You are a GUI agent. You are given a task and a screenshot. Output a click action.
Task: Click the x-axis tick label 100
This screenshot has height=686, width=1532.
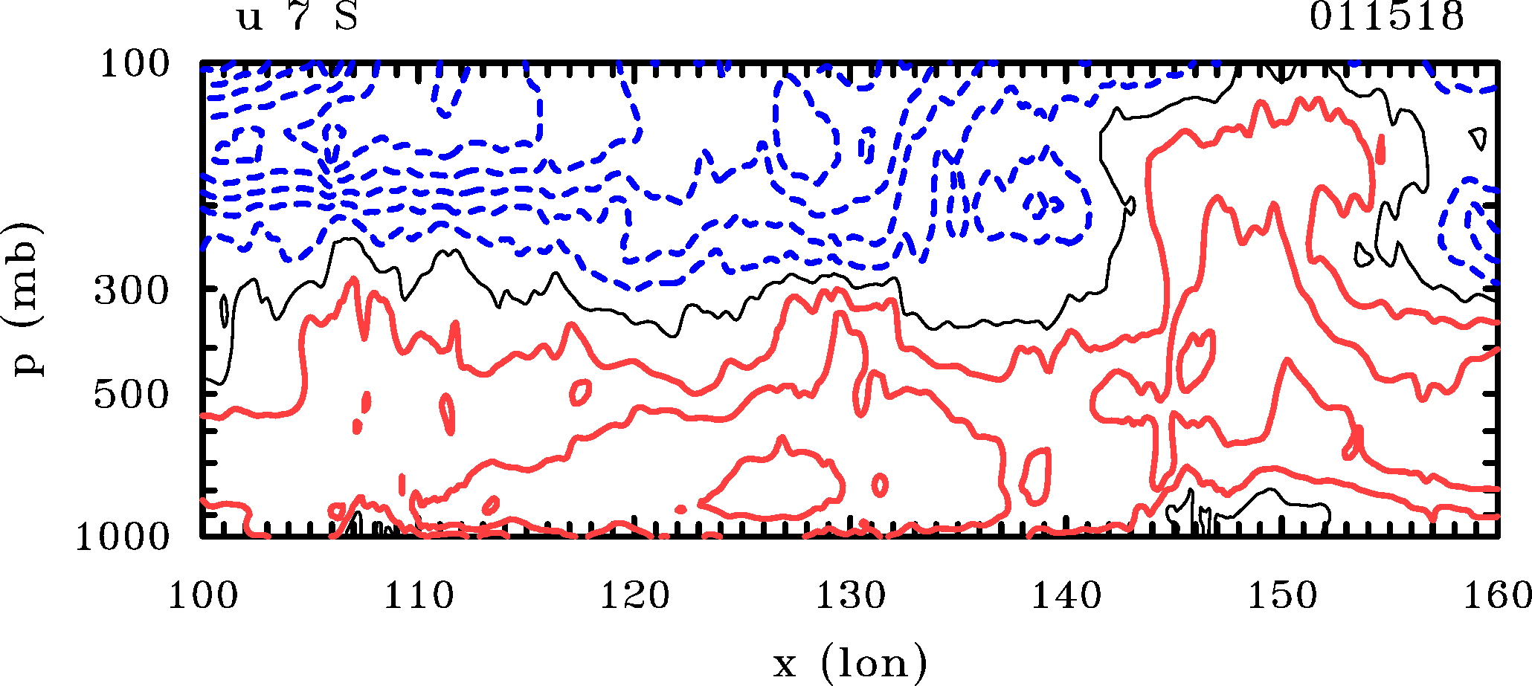[202, 596]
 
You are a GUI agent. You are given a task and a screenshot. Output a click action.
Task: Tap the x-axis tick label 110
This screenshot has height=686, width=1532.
[418, 596]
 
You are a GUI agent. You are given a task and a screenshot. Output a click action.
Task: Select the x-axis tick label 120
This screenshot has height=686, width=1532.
[634, 596]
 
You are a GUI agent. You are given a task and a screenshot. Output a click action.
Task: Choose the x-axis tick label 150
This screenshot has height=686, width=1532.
[1282, 596]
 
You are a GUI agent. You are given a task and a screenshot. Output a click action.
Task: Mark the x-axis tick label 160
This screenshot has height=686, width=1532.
[1496, 596]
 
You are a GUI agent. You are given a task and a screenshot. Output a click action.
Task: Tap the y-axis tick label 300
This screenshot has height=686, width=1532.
[132, 291]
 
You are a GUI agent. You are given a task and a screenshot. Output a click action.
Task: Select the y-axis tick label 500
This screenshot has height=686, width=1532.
[132, 395]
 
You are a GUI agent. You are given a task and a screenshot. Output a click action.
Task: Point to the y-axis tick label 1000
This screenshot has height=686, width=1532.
[123, 537]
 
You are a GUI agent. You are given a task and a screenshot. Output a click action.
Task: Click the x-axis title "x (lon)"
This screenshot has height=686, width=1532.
[849, 662]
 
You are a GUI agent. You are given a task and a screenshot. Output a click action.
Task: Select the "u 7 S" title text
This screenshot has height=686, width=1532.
[297, 16]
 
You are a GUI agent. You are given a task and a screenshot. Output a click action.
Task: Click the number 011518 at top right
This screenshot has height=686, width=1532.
[1386, 16]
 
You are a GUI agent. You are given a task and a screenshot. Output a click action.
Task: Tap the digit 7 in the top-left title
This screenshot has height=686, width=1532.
[299, 16]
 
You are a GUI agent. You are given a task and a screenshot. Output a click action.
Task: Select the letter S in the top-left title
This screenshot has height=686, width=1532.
[346, 16]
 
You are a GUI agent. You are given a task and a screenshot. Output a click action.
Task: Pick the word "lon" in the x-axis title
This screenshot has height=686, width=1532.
[874, 662]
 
